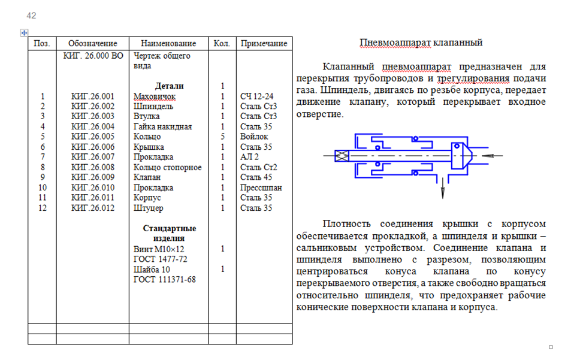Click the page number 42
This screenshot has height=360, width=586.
(31, 16)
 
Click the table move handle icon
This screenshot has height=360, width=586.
(24, 33)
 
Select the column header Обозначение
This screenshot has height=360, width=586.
(93, 43)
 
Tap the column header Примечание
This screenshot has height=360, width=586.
(264, 43)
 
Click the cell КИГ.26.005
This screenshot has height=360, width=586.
(93, 137)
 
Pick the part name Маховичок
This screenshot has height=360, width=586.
(155, 96)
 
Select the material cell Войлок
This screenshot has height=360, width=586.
(254, 137)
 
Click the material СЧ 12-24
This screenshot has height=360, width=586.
(256, 96)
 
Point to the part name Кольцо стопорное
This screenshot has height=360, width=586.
(167, 167)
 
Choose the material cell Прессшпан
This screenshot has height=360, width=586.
(261, 187)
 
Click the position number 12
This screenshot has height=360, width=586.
(43, 208)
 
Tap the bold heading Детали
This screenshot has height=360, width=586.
(170, 86)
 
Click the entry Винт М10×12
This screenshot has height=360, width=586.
(159, 249)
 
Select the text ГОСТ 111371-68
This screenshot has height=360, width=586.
(164, 279)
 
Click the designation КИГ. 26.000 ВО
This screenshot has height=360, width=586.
(93, 56)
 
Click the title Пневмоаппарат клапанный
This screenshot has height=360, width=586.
(421, 43)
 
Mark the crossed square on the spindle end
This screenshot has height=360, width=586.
(342, 156)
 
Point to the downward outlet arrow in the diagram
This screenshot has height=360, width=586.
(443, 188)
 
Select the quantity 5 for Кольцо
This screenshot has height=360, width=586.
(222, 137)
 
